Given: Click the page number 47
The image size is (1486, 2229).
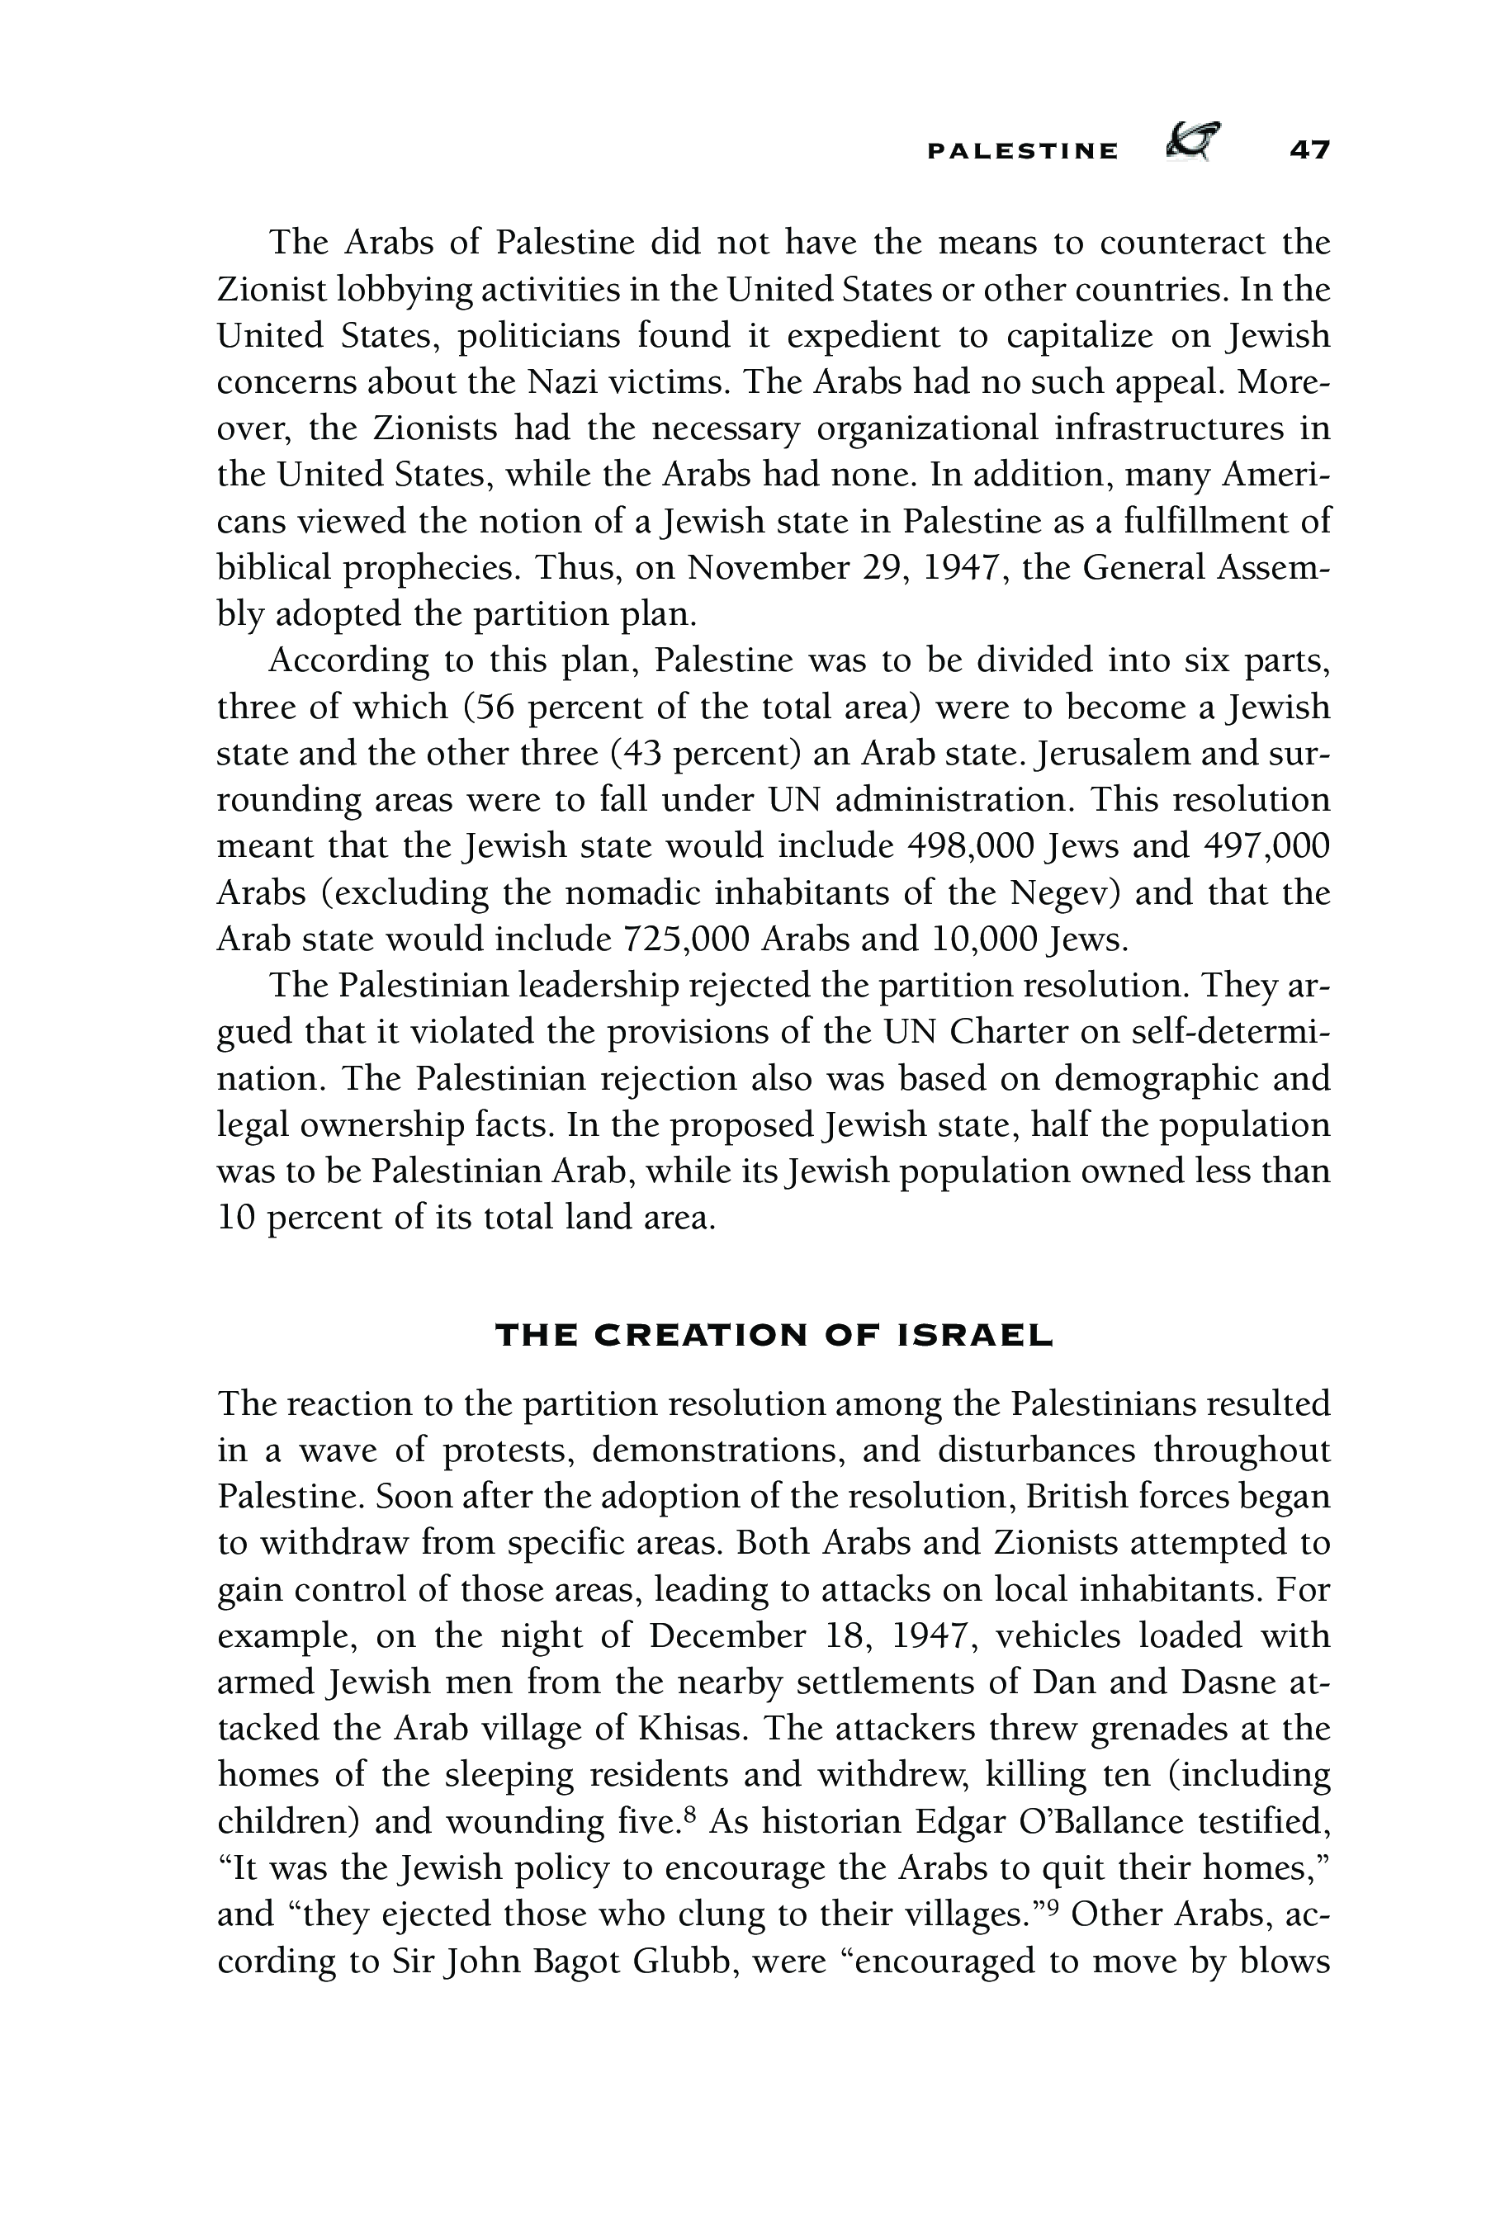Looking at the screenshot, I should pyautogui.click(x=1309, y=149).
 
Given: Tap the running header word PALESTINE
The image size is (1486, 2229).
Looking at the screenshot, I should pyautogui.click(x=1023, y=152).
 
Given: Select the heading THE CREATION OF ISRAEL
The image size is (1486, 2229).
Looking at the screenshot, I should pyautogui.click(x=774, y=1337).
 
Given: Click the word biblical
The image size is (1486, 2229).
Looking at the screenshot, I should pyautogui.click(x=274, y=569).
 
